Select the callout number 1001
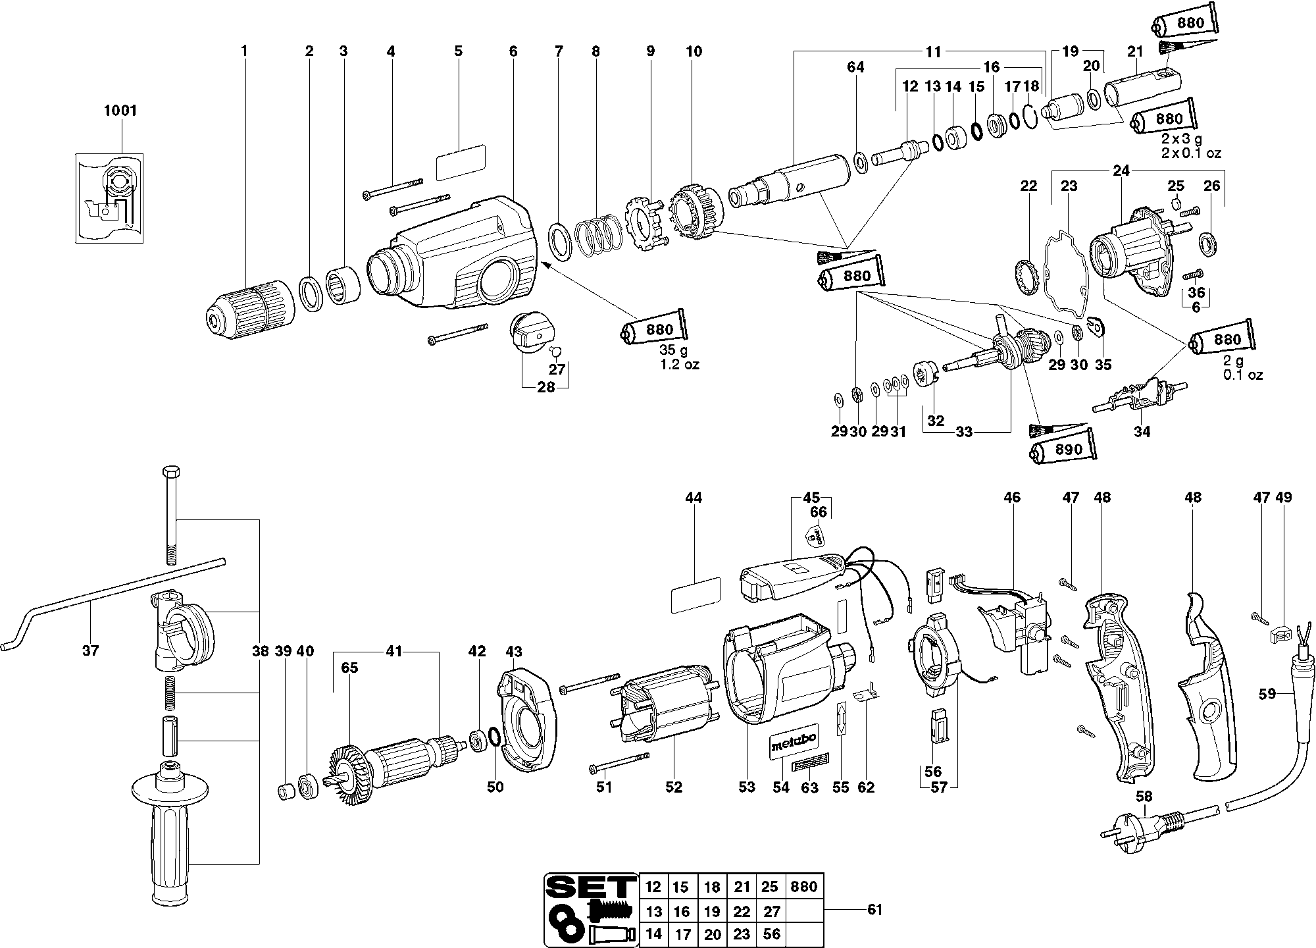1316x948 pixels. coord(120,111)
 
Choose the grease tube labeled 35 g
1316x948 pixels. coord(655,329)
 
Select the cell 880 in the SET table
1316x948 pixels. coord(804,886)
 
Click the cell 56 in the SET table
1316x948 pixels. coord(771,934)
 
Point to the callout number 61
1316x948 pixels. coord(874,910)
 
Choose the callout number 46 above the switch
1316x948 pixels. coord(1012,498)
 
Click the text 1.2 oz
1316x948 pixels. coord(680,364)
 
